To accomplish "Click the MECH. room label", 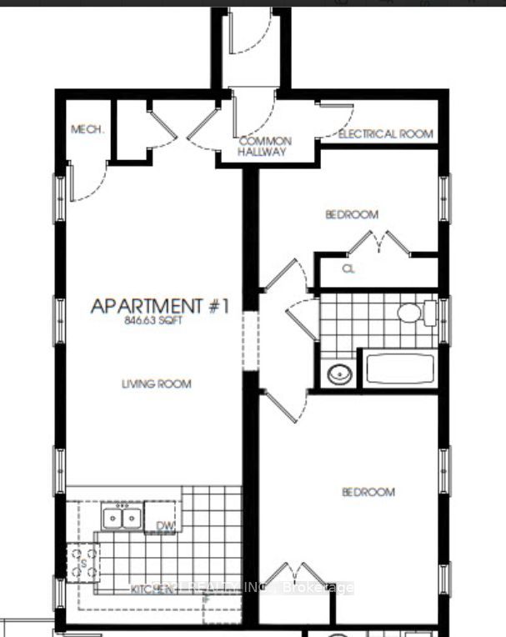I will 87,129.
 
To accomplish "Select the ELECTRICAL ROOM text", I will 385,133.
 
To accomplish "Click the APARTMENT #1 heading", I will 159,306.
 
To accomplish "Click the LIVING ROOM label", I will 157,384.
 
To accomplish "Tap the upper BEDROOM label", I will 351,214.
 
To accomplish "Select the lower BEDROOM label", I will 368,492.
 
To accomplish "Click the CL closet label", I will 349,268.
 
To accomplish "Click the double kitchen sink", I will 121,518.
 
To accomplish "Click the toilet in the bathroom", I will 413,313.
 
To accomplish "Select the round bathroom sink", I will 338,374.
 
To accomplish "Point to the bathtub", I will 398,369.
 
